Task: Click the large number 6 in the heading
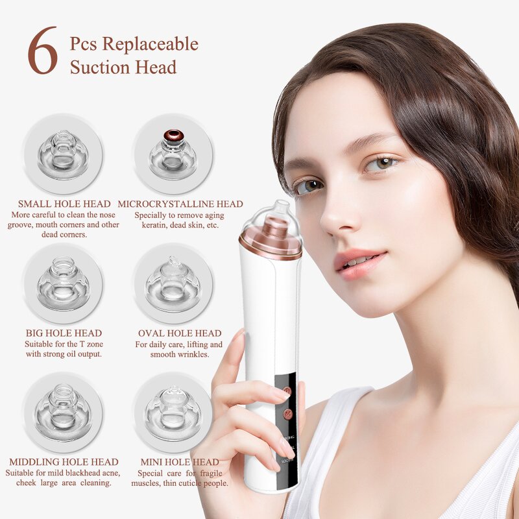pos(42,51)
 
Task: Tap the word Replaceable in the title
pos(150,45)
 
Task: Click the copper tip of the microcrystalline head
pos(173,136)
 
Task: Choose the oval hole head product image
pos(173,283)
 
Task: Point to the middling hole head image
pos(63,412)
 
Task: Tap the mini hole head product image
pos(173,412)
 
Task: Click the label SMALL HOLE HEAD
pos(64,204)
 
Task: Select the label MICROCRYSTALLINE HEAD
pos(180,204)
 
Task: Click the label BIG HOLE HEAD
pos(64,333)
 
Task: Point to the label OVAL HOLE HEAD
pos(180,333)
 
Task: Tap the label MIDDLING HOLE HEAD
pos(64,462)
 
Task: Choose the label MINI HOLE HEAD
pos(180,462)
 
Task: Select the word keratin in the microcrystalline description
pos(156,225)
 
